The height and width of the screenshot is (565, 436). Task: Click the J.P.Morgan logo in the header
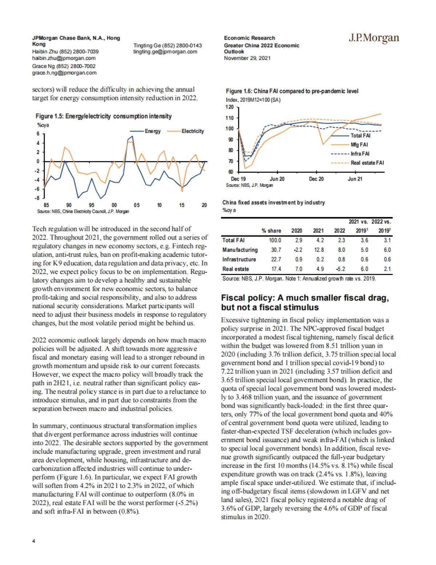pyautogui.click(x=374, y=38)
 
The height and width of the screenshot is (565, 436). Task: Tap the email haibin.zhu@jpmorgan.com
pyautogui.click(x=64, y=58)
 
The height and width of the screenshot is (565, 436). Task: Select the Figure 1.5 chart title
pyautogui.click(x=104, y=116)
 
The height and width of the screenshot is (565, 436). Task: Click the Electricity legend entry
pyautogui.click(x=193, y=131)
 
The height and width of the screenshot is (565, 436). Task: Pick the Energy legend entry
pyautogui.click(x=153, y=131)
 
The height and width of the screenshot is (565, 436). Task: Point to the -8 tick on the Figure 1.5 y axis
pyautogui.click(x=37, y=198)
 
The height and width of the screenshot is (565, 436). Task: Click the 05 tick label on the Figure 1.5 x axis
pyautogui.click(x=137, y=205)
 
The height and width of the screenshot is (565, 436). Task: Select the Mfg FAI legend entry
pyautogui.click(x=359, y=145)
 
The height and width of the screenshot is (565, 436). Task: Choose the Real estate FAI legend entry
pyautogui.click(x=367, y=163)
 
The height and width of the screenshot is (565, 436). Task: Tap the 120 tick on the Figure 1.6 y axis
pyautogui.click(x=230, y=107)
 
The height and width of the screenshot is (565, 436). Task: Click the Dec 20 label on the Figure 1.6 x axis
pyautogui.click(x=316, y=179)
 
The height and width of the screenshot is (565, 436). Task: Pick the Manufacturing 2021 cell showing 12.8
pyautogui.click(x=319, y=250)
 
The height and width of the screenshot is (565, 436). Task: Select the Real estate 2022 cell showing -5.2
pyautogui.click(x=340, y=269)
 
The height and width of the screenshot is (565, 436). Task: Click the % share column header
pyautogui.click(x=271, y=231)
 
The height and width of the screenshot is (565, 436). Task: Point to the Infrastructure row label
pyautogui.click(x=239, y=259)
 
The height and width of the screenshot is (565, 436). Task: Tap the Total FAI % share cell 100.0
pyautogui.click(x=275, y=240)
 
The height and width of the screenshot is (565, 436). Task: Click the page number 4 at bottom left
pyautogui.click(x=34, y=541)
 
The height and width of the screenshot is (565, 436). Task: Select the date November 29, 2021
pyautogui.click(x=247, y=58)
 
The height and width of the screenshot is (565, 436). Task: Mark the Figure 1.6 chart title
pyautogui.click(x=292, y=91)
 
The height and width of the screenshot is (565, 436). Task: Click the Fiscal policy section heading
pyautogui.click(x=305, y=303)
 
